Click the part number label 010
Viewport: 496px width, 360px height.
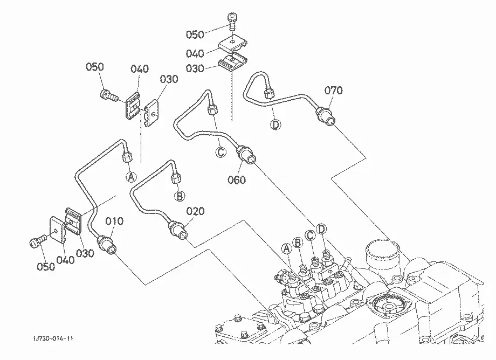pos(114,221)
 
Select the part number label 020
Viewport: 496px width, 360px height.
pos(195,211)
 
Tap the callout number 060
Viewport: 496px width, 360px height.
pos(237,180)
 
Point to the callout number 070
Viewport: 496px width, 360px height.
pos(333,91)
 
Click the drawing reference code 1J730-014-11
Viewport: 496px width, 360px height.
pos(53,338)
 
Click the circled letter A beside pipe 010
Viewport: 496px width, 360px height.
pos(131,177)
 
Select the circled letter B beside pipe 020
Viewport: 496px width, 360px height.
pos(180,196)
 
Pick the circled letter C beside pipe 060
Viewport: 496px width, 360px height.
pos(221,153)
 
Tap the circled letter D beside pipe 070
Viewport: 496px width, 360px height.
pos(276,125)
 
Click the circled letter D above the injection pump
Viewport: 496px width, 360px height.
pos(321,229)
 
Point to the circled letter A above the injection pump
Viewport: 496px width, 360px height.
pos(287,249)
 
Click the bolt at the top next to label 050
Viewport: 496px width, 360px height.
pos(231,21)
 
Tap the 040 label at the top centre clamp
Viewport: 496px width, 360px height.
pos(195,53)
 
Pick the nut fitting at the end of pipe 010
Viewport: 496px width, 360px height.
pos(107,244)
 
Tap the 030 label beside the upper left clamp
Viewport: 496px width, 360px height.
pos(169,79)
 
